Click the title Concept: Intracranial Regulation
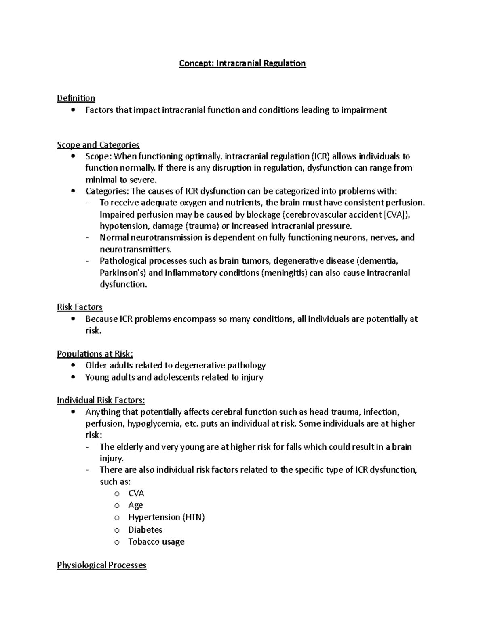pyautogui.click(x=242, y=63)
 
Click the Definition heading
pyautogui.click(x=76, y=98)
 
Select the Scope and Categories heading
pyautogui.click(x=98, y=145)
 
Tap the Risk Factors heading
pyautogui.click(x=80, y=307)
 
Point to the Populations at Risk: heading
pyautogui.click(x=95, y=354)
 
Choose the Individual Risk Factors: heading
pyautogui.click(x=101, y=400)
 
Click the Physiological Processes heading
pyautogui.click(x=101, y=565)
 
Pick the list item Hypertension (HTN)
pyautogui.click(x=166, y=517)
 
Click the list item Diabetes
pyautogui.click(x=145, y=530)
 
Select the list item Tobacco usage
pyautogui.click(x=156, y=542)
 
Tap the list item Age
pyautogui.click(x=135, y=505)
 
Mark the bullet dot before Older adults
pyautogui.click(x=73, y=365)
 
